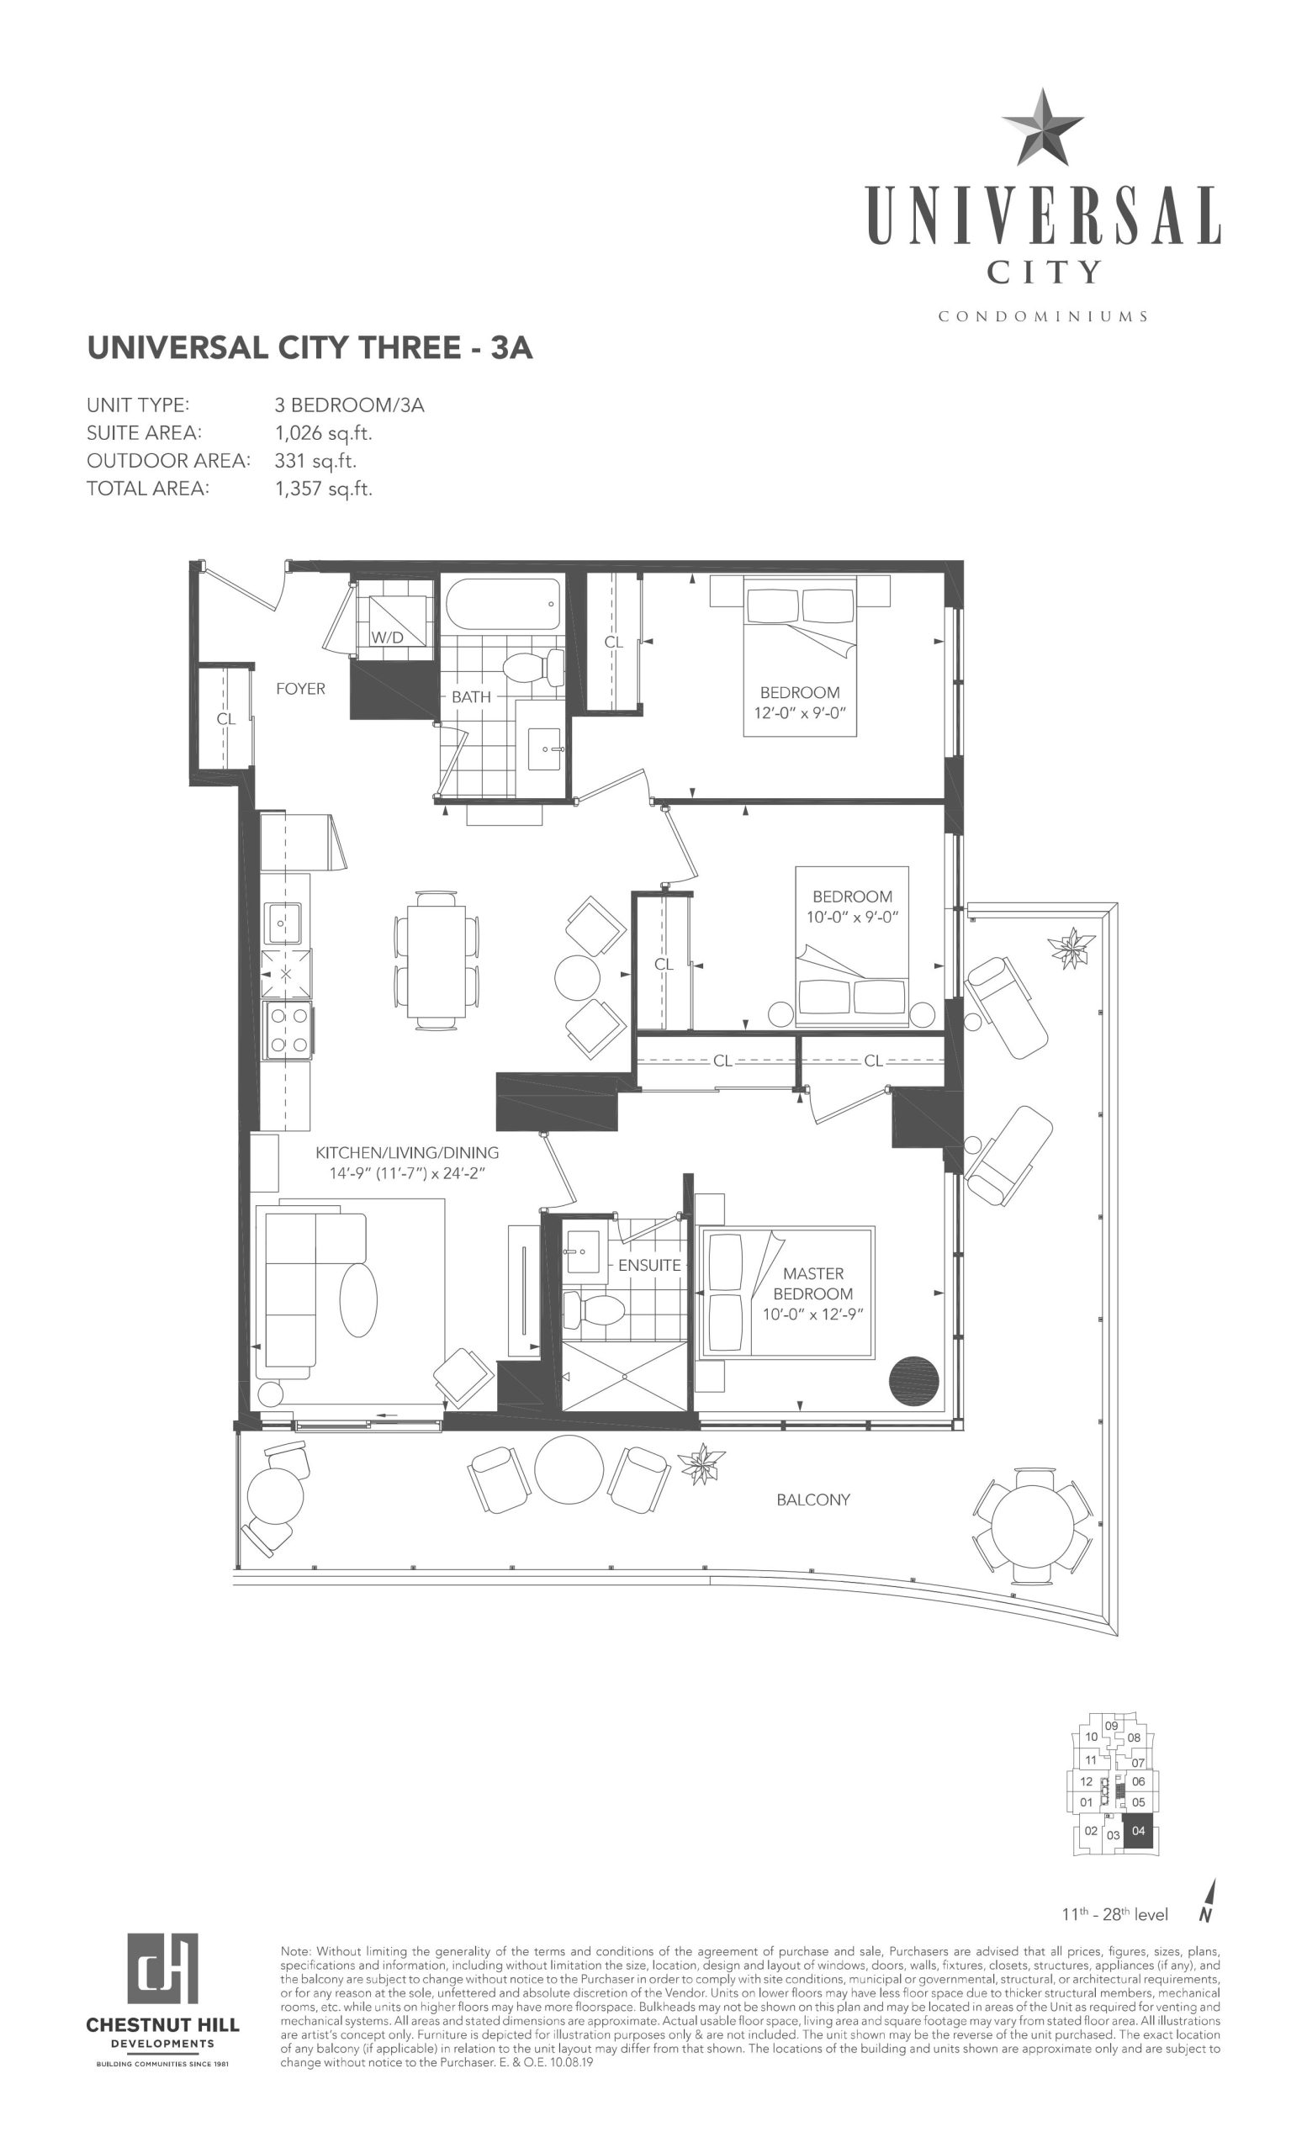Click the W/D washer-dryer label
387,637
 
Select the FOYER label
300,689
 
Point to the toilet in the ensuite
593,1310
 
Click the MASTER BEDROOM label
812,1283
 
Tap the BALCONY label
812,1500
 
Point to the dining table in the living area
436,960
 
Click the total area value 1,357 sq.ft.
323,489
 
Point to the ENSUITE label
649,1264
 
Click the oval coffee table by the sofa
357,1299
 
